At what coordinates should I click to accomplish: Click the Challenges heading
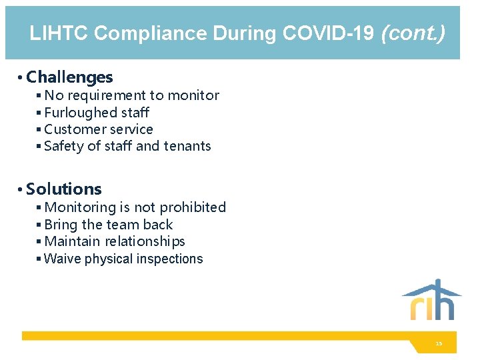[69, 78]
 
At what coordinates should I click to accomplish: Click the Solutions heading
[64, 189]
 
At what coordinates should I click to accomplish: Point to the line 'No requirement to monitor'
[131, 95]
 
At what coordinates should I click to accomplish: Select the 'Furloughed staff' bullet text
[97, 113]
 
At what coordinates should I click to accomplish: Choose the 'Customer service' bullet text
[99, 129]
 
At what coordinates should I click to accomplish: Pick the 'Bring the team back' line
[109, 225]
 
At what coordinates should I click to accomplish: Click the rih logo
[432, 300]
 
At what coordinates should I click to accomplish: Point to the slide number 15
[438, 343]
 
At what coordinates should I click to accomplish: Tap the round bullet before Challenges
[21, 79]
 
